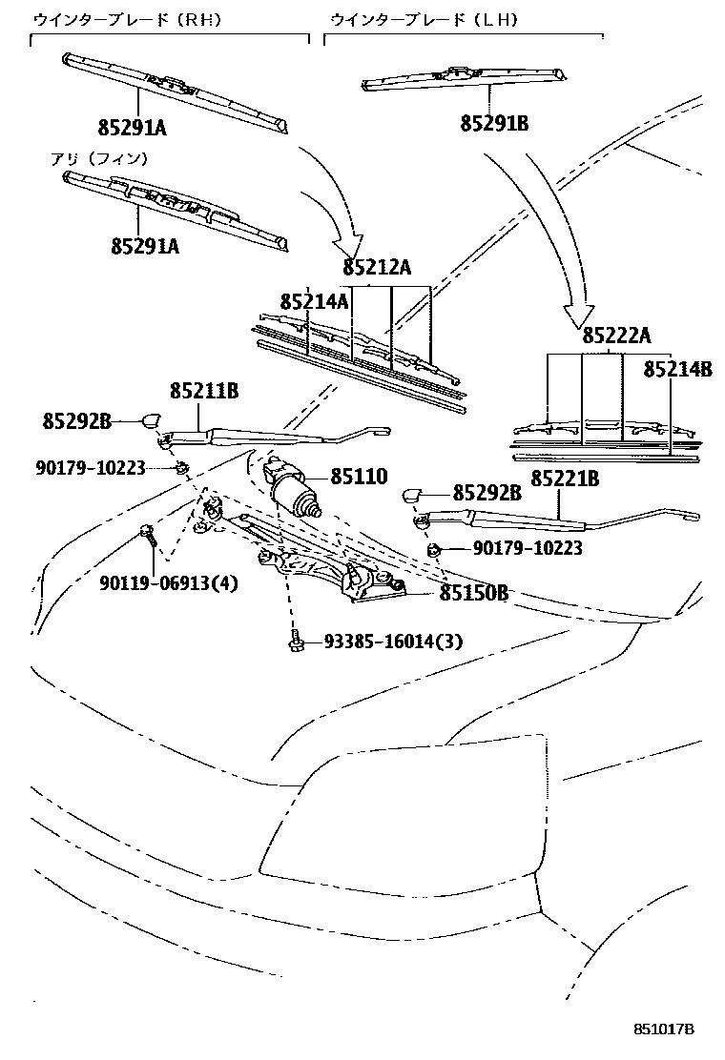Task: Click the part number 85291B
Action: click(x=494, y=123)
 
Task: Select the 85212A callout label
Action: click(x=377, y=268)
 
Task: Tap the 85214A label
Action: click(x=314, y=302)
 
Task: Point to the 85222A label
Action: click(x=616, y=335)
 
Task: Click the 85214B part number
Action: click(x=677, y=369)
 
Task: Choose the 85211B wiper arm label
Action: click(x=204, y=390)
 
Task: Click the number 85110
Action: click(x=360, y=476)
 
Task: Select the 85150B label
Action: click(x=473, y=593)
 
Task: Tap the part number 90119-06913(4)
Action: click(x=168, y=582)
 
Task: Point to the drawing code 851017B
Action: click(x=664, y=1029)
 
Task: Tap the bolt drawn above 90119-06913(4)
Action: click(x=148, y=534)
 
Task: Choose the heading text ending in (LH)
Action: click(x=424, y=19)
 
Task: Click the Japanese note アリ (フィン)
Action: click(x=99, y=158)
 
